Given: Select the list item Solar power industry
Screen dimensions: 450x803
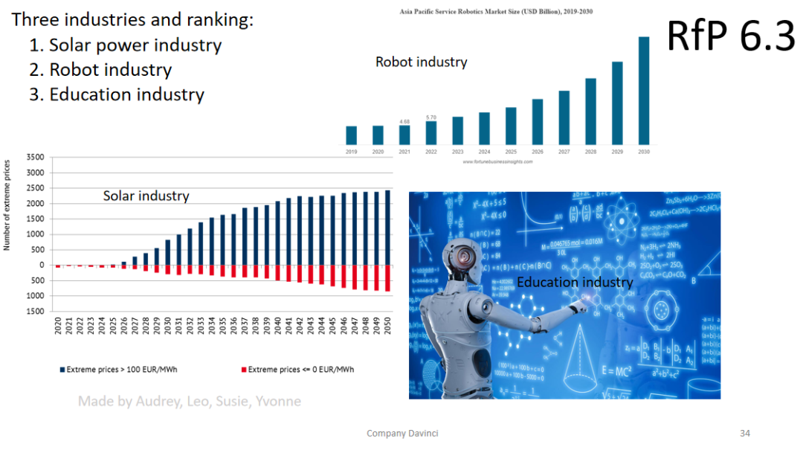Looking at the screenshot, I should click(135, 45).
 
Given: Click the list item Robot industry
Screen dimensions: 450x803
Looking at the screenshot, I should click(110, 70).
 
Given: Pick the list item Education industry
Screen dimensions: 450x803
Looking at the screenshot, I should click(126, 95).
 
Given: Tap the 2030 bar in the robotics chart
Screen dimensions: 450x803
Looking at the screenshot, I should click(644, 90).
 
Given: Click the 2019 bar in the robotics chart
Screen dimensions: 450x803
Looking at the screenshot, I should click(351, 135).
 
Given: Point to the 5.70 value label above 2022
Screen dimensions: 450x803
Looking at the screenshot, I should click(431, 118).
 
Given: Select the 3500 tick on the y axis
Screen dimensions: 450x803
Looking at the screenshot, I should click(35, 158).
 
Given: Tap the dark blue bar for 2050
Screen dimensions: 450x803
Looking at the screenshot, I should click(387, 227).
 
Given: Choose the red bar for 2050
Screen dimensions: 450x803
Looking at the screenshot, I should click(387, 278).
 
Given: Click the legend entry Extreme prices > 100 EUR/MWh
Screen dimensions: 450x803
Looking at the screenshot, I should click(122, 370).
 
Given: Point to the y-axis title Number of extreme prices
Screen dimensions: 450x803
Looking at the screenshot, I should click(7, 205).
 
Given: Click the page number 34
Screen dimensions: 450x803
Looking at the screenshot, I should click(745, 433).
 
